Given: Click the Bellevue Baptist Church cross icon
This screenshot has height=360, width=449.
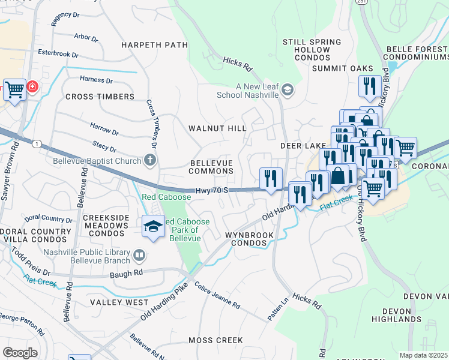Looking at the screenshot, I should click(150, 160).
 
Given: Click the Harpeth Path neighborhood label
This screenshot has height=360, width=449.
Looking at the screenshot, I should click(155, 45).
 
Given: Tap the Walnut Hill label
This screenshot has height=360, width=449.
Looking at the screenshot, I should click(217, 128).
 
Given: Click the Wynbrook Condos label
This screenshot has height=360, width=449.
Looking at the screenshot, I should click(249, 239).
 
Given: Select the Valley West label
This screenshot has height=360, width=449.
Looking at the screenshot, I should click(119, 302).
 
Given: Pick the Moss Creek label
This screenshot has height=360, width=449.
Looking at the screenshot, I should click(215, 340).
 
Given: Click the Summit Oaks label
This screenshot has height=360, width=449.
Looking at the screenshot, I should click(342, 69).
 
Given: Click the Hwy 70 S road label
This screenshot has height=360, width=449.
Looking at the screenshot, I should click(211, 190).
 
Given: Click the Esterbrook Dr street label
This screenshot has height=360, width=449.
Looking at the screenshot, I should click(58, 54).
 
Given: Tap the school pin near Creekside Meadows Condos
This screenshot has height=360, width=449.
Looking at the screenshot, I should click(154, 227).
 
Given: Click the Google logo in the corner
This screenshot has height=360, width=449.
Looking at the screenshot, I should click(20, 352).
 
